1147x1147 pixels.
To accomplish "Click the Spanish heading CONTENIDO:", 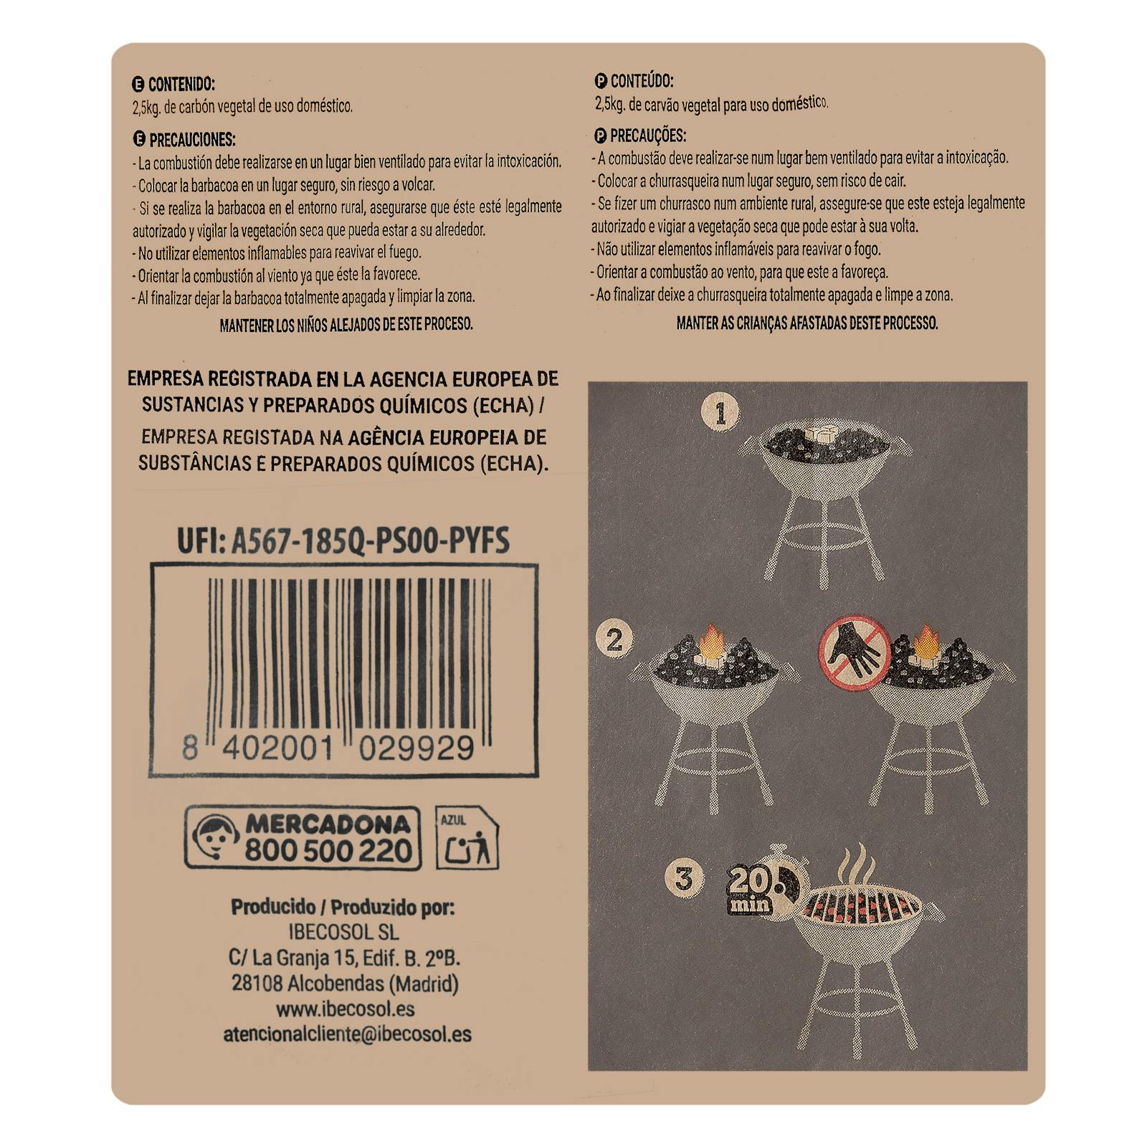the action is (181, 85).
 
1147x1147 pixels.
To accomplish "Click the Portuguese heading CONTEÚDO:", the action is (642, 81).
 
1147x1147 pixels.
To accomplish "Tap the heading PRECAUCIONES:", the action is (192, 139).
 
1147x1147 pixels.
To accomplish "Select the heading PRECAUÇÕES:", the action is (648, 135).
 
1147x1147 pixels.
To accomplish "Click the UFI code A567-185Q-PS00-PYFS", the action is (370, 541).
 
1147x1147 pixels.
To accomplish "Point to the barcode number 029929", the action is (417, 748).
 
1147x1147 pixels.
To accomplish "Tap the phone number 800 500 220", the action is (329, 850).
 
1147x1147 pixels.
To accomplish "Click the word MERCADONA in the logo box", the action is (329, 824).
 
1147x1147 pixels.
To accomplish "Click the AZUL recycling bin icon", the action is (467, 837).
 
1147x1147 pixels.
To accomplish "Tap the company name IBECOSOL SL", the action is (343, 933).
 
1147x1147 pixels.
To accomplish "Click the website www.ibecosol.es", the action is (345, 1009).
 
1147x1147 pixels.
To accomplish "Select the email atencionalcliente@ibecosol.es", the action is (347, 1034).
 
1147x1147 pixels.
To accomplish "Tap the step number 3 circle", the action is (684, 878).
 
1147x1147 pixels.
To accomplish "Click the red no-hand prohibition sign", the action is (855, 652).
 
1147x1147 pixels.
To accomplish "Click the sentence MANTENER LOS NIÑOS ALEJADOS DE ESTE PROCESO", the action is (346, 325).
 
